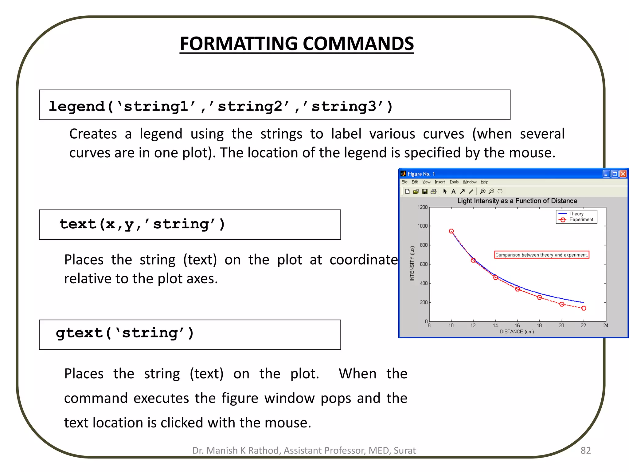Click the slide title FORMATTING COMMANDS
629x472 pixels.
point(297,44)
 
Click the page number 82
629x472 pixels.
point(585,450)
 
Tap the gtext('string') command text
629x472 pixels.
point(125,333)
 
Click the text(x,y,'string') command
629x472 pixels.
point(142,224)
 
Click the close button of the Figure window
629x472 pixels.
point(623,174)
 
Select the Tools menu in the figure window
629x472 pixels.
point(454,182)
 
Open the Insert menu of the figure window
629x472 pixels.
point(440,182)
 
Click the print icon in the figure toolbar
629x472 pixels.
point(433,191)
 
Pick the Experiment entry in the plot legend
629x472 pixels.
point(581,220)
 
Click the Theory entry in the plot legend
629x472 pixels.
point(576,214)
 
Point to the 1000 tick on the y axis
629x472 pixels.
point(423,226)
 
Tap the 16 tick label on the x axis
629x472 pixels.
point(517,325)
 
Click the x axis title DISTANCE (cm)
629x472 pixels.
point(517,332)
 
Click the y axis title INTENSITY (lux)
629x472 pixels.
point(412,264)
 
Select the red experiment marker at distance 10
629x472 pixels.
point(451,231)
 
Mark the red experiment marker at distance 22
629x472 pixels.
point(584,308)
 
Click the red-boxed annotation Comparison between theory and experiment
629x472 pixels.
point(541,255)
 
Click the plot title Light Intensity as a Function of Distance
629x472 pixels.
point(517,201)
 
